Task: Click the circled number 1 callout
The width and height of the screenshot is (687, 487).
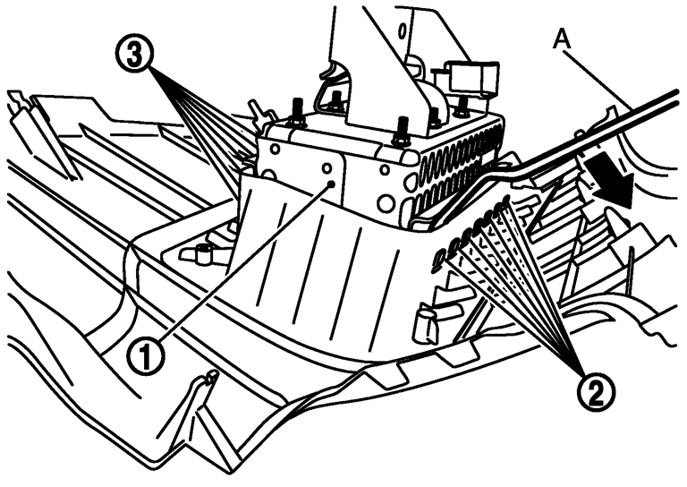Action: [x=146, y=358]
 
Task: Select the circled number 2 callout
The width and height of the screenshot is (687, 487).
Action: [x=597, y=393]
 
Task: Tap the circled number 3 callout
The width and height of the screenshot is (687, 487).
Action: [x=134, y=55]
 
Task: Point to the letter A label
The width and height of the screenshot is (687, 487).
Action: [x=562, y=41]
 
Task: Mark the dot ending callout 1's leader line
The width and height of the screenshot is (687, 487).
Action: [x=331, y=184]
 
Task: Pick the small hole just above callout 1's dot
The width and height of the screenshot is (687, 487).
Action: [x=327, y=168]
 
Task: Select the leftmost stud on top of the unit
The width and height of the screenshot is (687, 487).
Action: [x=296, y=112]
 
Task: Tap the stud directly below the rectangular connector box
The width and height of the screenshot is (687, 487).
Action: [x=462, y=107]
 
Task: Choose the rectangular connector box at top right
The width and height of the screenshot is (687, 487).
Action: [x=471, y=78]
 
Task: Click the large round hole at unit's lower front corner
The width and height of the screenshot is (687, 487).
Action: [x=386, y=203]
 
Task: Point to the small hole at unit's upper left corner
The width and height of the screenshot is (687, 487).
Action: [x=275, y=149]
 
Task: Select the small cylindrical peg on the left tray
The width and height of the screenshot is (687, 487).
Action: [x=202, y=254]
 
